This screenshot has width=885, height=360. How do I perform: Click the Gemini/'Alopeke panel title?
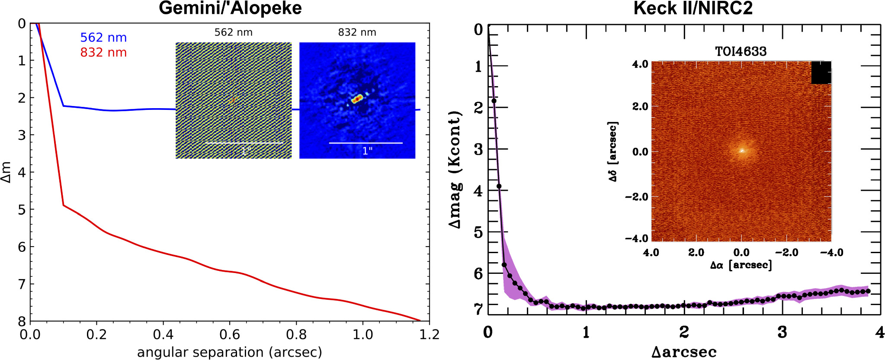(x=230, y=8)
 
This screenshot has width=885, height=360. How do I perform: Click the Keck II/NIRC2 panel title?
(x=693, y=8)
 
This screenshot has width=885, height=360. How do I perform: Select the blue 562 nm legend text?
(x=103, y=38)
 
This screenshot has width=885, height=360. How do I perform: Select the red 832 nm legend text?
(x=103, y=52)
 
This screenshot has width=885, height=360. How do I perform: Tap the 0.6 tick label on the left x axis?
(x=230, y=334)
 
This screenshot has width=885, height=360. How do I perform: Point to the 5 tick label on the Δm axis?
(x=22, y=209)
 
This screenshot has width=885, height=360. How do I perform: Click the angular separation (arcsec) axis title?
(x=230, y=352)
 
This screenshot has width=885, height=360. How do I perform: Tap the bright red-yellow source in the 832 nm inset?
(x=357, y=99)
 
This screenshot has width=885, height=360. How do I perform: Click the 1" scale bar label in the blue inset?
(x=367, y=151)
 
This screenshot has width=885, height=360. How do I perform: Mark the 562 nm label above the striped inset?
(x=233, y=32)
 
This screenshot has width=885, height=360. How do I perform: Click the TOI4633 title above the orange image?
(x=741, y=52)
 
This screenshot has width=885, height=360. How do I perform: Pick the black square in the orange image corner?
(x=821, y=72)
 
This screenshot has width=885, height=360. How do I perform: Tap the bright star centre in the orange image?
(x=742, y=151)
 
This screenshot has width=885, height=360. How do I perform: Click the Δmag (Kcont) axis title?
(x=455, y=170)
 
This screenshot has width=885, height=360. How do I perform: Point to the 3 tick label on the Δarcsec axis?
(x=782, y=332)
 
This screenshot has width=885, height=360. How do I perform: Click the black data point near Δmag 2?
(x=494, y=101)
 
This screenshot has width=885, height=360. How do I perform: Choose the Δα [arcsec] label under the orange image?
(x=741, y=265)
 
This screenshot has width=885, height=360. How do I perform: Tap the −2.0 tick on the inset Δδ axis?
(x=636, y=197)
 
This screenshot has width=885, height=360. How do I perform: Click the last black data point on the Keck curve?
(x=868, y=291)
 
